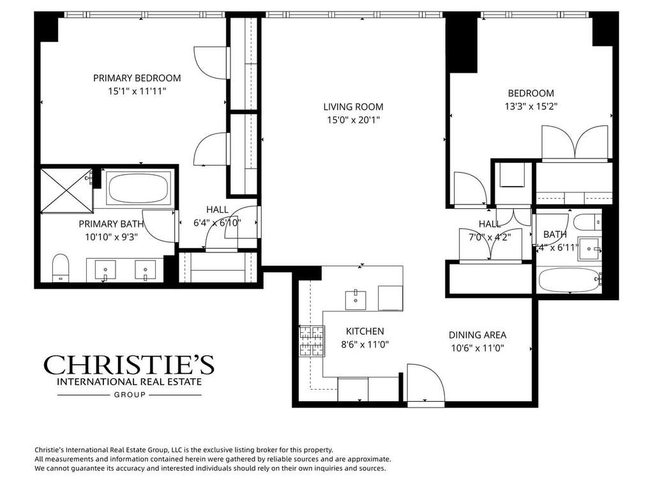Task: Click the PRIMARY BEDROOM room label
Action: click(x=137, y=78)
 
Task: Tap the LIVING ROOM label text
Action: click(x=353, y=107)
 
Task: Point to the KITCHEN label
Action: click(x=364, y=331)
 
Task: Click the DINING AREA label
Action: click(x=477, y=335)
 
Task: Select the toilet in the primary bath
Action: click(x=61, y=266)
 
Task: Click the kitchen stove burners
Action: click(x=311, y=342)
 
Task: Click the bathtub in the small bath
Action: click(x=569, y=280)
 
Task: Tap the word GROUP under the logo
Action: click(x=130, y=395)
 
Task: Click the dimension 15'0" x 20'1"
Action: click(x=353, y=119)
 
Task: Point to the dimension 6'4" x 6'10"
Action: click(x=217, y=223)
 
